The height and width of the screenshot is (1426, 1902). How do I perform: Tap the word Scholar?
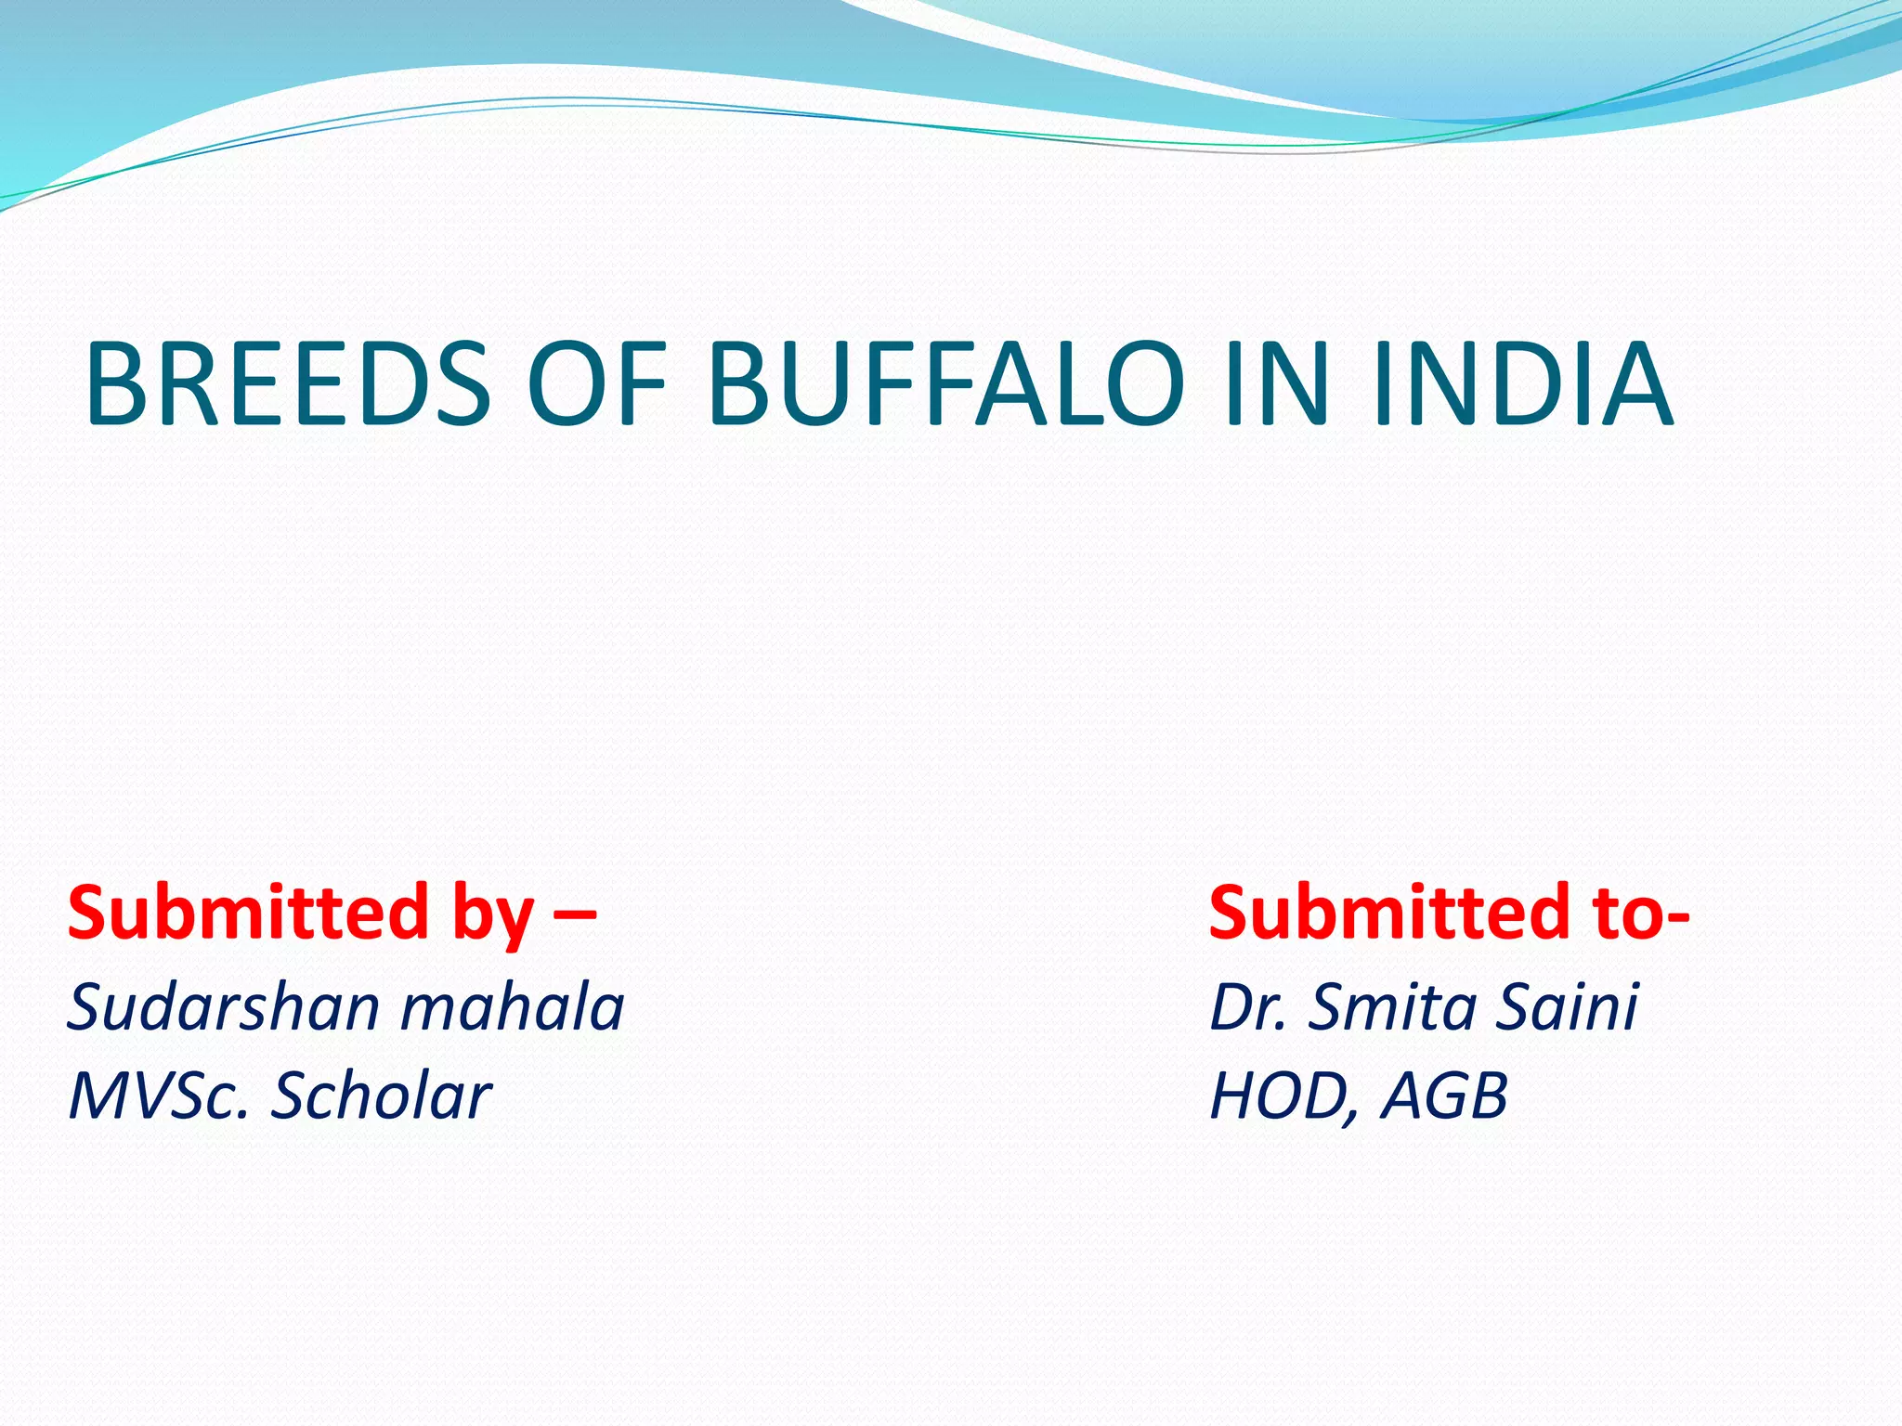tap(381, 1096)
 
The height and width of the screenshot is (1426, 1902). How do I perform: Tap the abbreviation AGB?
tap(1444, 1096)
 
